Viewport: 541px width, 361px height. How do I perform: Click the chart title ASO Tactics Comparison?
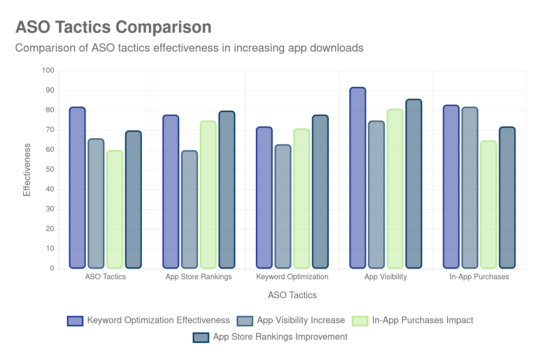[113, 27]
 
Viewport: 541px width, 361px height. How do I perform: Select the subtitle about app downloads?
[189, 48]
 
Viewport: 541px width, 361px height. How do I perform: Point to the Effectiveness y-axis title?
[27, 170]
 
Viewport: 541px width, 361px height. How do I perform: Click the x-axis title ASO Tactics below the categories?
[292, 295]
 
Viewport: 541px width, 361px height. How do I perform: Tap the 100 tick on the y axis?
[48, 70]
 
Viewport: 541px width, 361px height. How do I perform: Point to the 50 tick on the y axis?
[50, 169]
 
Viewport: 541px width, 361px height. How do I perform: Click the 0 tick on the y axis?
[52, 268]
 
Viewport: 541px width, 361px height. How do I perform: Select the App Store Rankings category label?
[198, 277]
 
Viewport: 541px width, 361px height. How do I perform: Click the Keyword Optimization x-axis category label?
[292, 277]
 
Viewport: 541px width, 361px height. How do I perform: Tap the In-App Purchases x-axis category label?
[479, 277]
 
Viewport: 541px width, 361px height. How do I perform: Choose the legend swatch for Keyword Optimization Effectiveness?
[75, 321]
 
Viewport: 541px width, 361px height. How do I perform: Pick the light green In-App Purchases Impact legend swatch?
[360, 321]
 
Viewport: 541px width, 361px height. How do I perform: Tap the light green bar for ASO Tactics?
[115, 209]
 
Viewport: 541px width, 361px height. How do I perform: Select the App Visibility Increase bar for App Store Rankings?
[189, 209]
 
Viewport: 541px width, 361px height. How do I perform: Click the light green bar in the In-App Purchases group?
[488, 205]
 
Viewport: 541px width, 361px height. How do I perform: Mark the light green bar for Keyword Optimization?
[301, 199]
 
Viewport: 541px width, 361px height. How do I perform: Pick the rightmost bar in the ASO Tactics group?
[133, 200]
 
